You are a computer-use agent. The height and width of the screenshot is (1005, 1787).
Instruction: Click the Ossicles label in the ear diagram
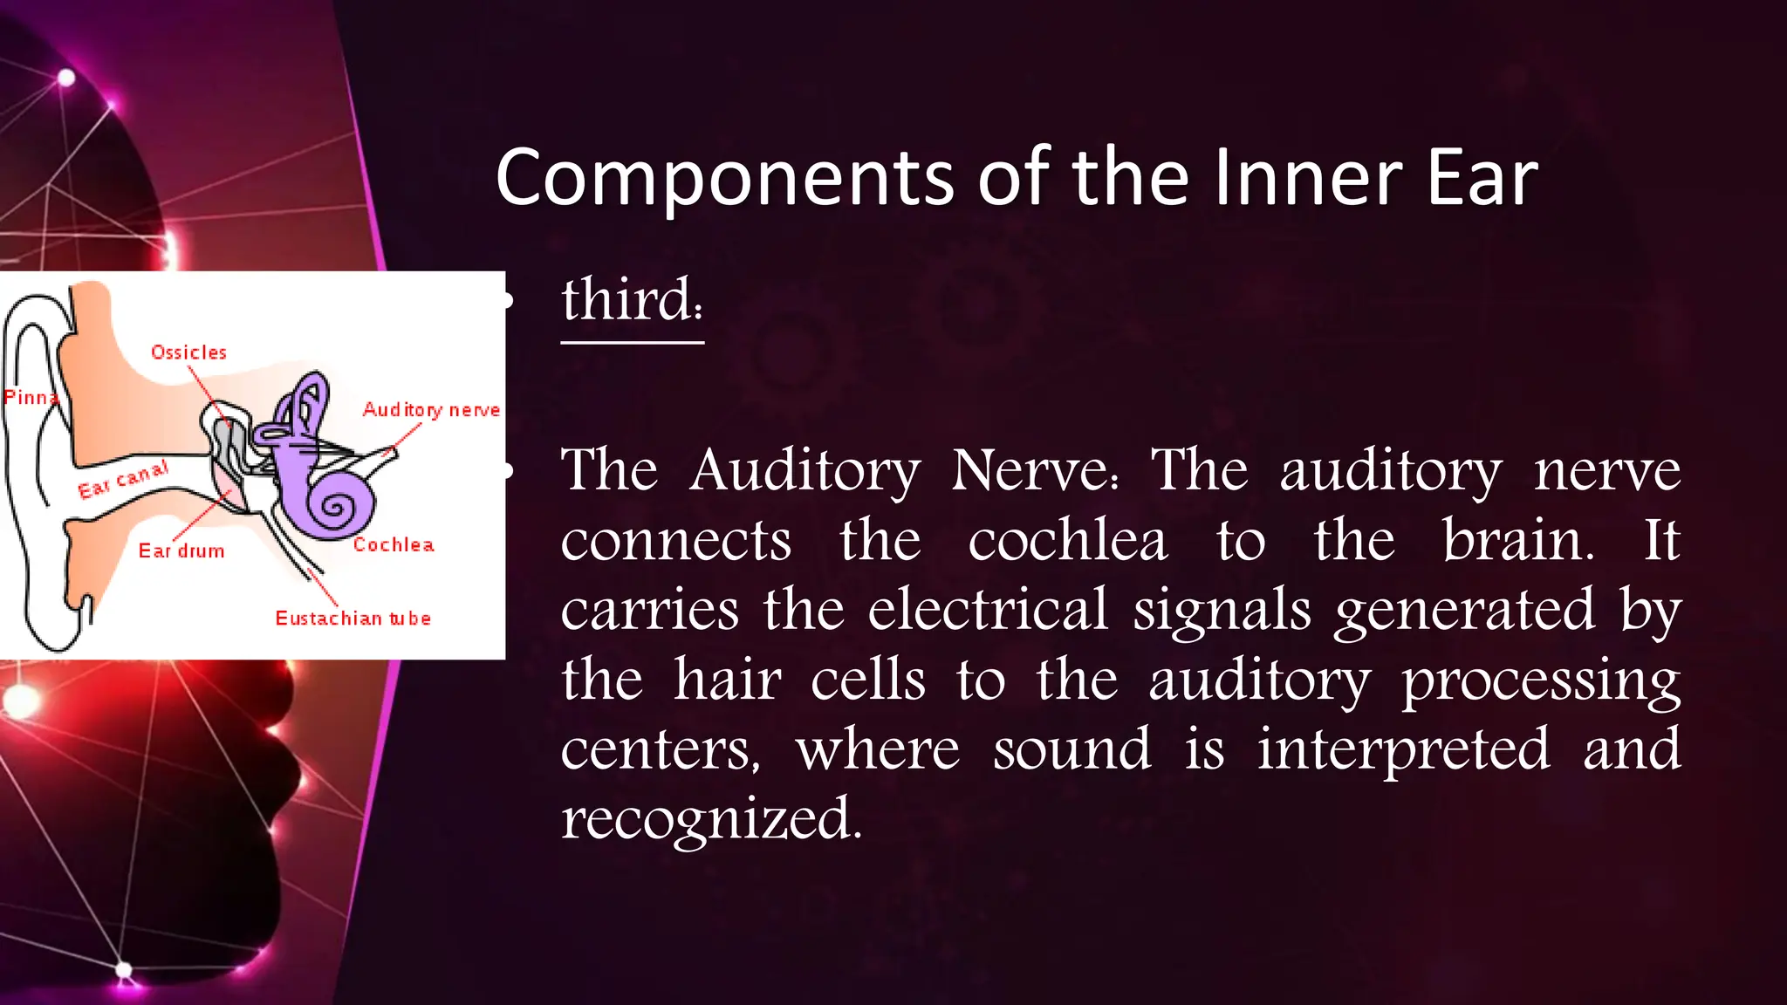click(188, 352)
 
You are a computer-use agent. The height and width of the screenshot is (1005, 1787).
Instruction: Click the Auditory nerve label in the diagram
click(431, 410)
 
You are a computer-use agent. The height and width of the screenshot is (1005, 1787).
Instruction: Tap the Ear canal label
click(123, 479)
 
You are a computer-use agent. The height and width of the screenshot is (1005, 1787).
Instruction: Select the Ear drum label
click(181, 551)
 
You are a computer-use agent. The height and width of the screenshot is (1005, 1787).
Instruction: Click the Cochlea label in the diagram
click(394, 545)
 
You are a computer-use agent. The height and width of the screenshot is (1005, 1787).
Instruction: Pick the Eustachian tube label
click(353, 619)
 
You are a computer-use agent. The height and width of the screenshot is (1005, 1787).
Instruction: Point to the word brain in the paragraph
click(1517, 540)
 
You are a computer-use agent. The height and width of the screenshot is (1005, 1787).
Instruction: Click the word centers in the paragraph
click(660, 750)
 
